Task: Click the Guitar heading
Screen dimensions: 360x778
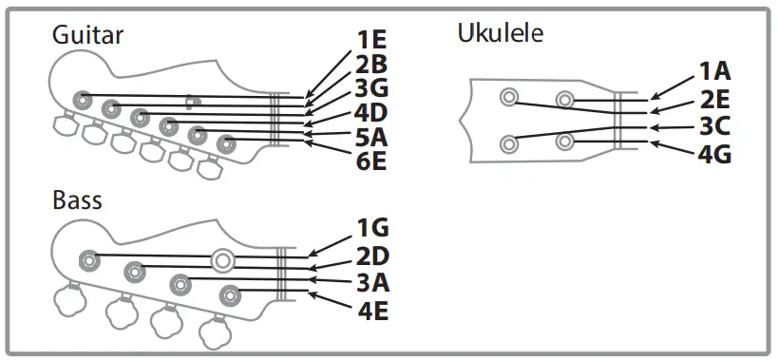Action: pos(88,35)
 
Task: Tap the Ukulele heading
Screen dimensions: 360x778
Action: pos(501,34)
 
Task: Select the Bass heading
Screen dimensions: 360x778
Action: pos(78,200)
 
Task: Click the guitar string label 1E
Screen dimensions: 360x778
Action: pos(371,41)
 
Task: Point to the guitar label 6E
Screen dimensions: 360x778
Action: pos(371,161)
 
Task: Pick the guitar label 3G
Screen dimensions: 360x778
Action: pos(371,89)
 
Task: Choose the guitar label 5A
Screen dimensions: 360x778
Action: pos(371,138)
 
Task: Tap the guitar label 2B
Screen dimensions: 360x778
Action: pos(371,66)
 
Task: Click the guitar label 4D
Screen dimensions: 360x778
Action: pos(371,114)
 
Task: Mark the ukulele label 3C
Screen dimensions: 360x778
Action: pos(715,125)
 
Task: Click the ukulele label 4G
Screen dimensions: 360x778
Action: pos(715,152)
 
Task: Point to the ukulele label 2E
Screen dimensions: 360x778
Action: pos(715,98)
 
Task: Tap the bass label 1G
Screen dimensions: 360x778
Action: pos(372,228)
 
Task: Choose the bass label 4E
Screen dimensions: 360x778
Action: pos(372,310)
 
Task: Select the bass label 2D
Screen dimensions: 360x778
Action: pos(372,256)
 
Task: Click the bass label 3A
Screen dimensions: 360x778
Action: pos(372,282)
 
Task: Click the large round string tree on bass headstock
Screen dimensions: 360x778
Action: pos(223,258)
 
